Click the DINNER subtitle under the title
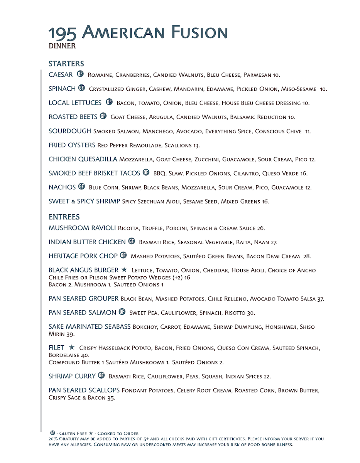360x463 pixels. pyautogui.click(x=62, y=46)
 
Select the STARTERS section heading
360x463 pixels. pyautogui.click(x=66, y=64)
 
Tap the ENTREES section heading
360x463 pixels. pyautogui.click(x=64, y=217)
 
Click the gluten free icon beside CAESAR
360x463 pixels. pyautogui.click(x=80, y=74)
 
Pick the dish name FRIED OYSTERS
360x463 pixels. pyautogui.click(x=72, y=145)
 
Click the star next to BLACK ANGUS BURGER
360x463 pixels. pyautogui.click(x=124, y=270)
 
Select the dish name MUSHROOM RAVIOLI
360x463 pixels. pyautogui.click(x=82, y=228)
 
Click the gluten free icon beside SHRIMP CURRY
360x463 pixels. pyautogui.click(x=101, y=376)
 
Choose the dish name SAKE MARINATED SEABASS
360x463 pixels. pyautogui.click(x=90, y=327)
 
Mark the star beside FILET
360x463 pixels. pyautogui.click(x=72, y=348)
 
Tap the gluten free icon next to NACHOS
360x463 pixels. pyautogui.click(x=81, y=187)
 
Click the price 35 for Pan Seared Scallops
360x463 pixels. pyautogui.click(x=111, y=398)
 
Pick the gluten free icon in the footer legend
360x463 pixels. pyautogui.click(x=53, y=433)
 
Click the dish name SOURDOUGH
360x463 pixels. pyautogui.click(x=70, y=131)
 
